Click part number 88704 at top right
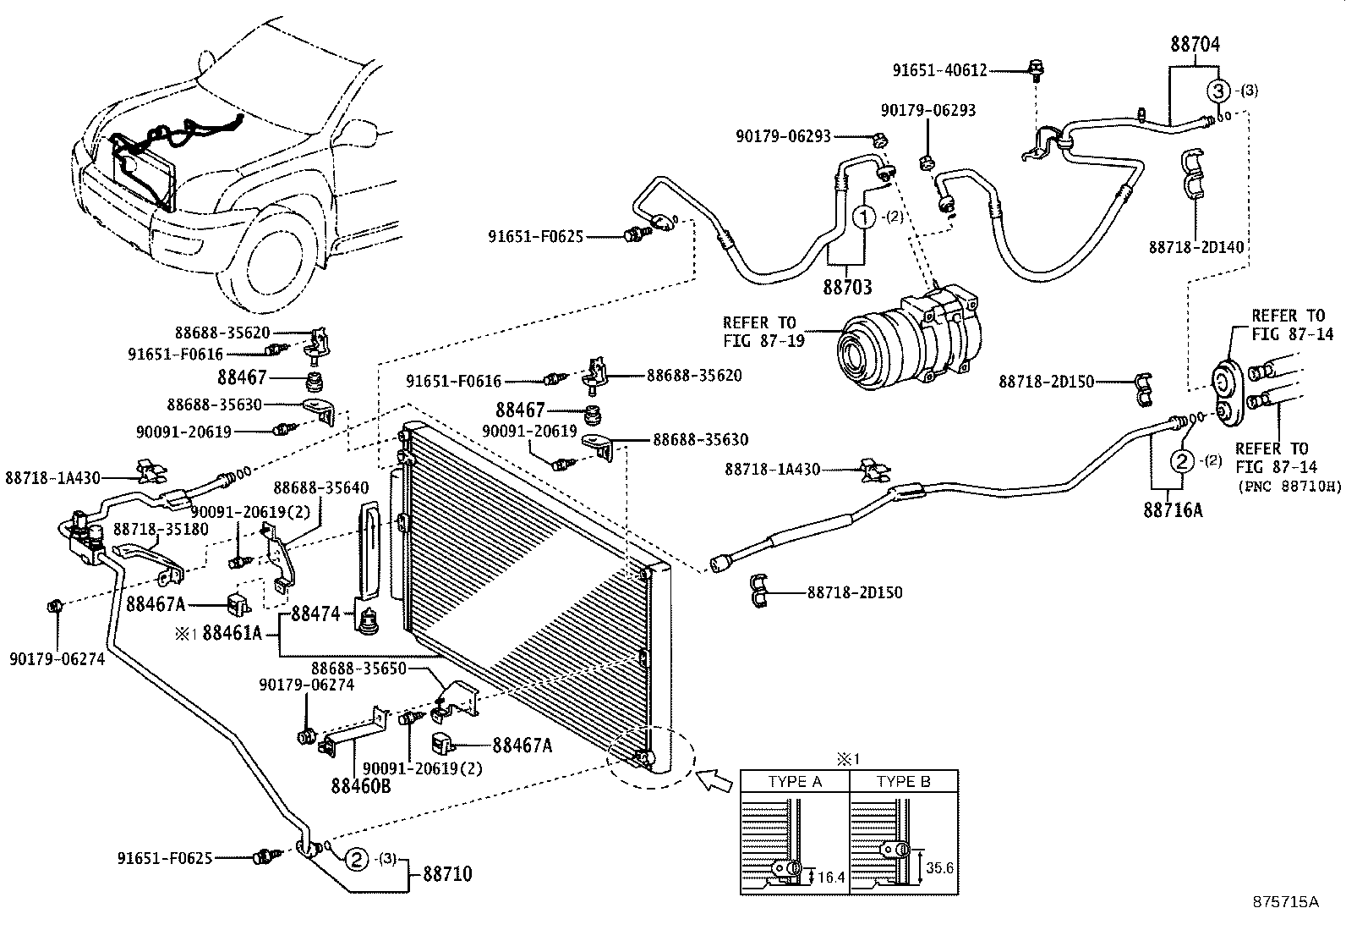(1196, 45)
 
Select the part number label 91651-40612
(940, 71)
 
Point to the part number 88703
(847, 287)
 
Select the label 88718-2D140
(1195, 247)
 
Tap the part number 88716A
(1173, 510)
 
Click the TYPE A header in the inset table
(794, 781)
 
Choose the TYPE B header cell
(903, 781)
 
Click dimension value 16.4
(831, 878)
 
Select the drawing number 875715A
(1286, 902)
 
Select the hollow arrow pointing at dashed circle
(714, 779)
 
